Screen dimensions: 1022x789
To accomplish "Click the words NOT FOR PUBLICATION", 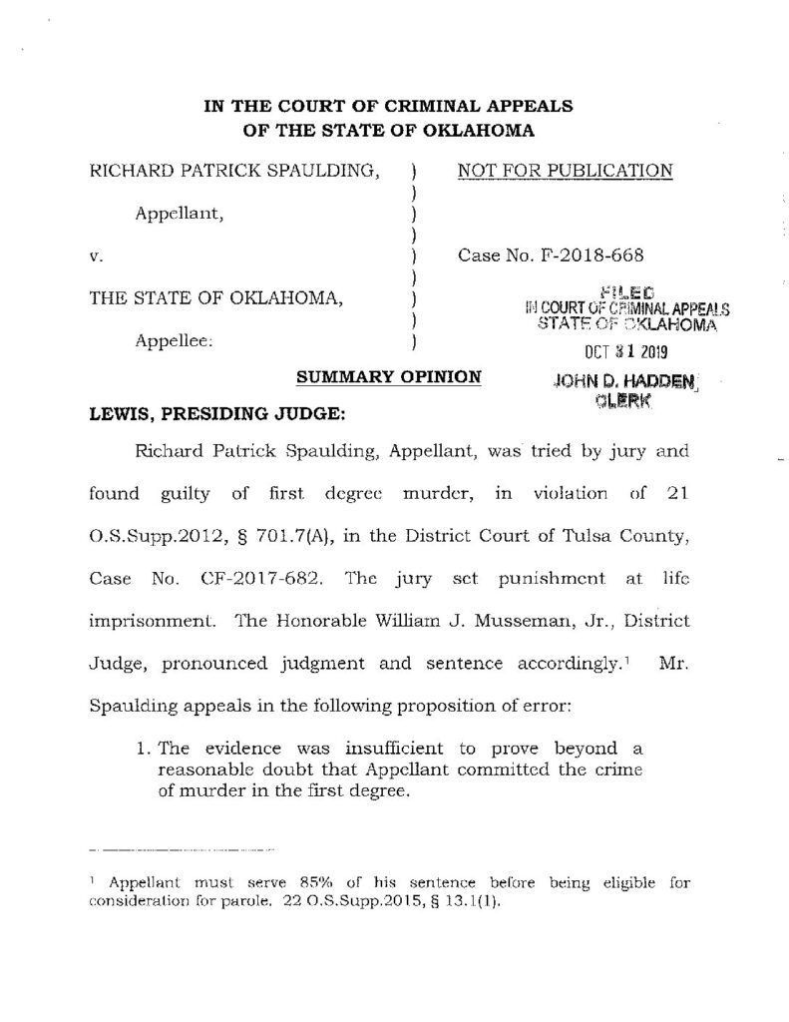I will [x=565, y=171].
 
